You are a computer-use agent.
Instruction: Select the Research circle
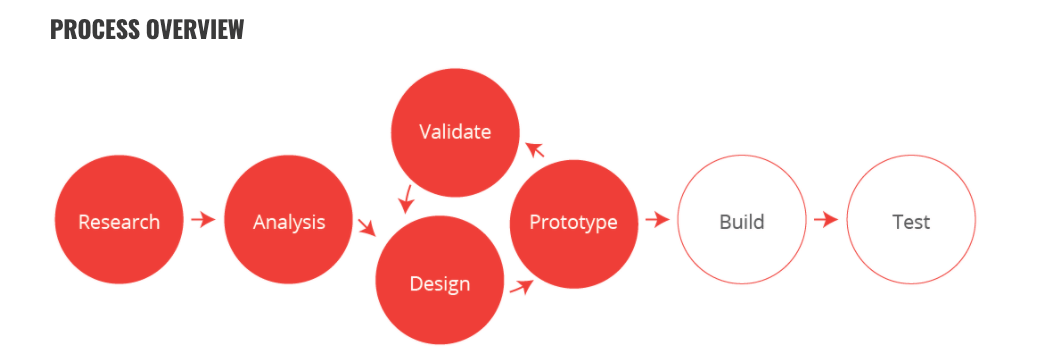[x=119, y=221]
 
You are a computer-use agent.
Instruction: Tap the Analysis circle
[x=289, y=221]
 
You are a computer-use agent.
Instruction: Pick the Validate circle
[x=455, y=132]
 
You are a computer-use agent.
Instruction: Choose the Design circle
[x=440, y=283]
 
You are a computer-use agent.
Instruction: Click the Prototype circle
[x=573, y=222]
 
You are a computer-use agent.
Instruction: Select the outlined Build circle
[x=741, y=221]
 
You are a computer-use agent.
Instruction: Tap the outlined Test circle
[x=911, y=221]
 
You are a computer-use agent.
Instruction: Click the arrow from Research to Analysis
[x=204, y=220]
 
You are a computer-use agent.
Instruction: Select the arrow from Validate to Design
[x=406, y=198]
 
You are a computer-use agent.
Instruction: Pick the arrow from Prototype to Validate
[x=534, y=150]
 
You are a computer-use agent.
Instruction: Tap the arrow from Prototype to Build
[x=657, y=220]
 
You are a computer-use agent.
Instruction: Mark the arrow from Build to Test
[x=826, y=220]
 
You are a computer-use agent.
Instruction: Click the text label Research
[x=119, y=222]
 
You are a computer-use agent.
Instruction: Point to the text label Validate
[x=455, y=132]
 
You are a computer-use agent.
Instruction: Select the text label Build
[x=741, y=221]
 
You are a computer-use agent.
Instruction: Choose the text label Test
[x=911, y=221]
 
